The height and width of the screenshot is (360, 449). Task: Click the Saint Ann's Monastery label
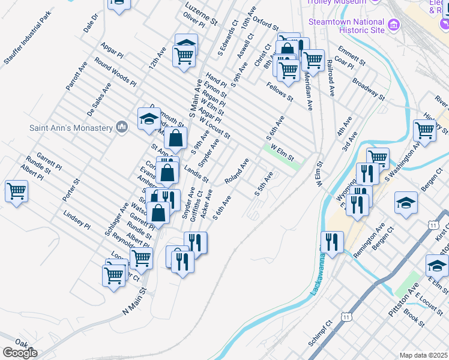[71, 128]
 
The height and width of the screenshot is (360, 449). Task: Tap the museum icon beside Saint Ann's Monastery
[122, 127]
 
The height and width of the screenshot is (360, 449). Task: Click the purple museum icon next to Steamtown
[394, 25]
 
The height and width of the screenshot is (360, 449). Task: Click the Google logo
[20, 353]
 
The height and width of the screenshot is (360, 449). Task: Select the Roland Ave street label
[237, 172]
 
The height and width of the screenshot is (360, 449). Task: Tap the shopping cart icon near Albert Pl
[16, 191]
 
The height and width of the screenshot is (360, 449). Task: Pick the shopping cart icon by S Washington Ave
[424, 129]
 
